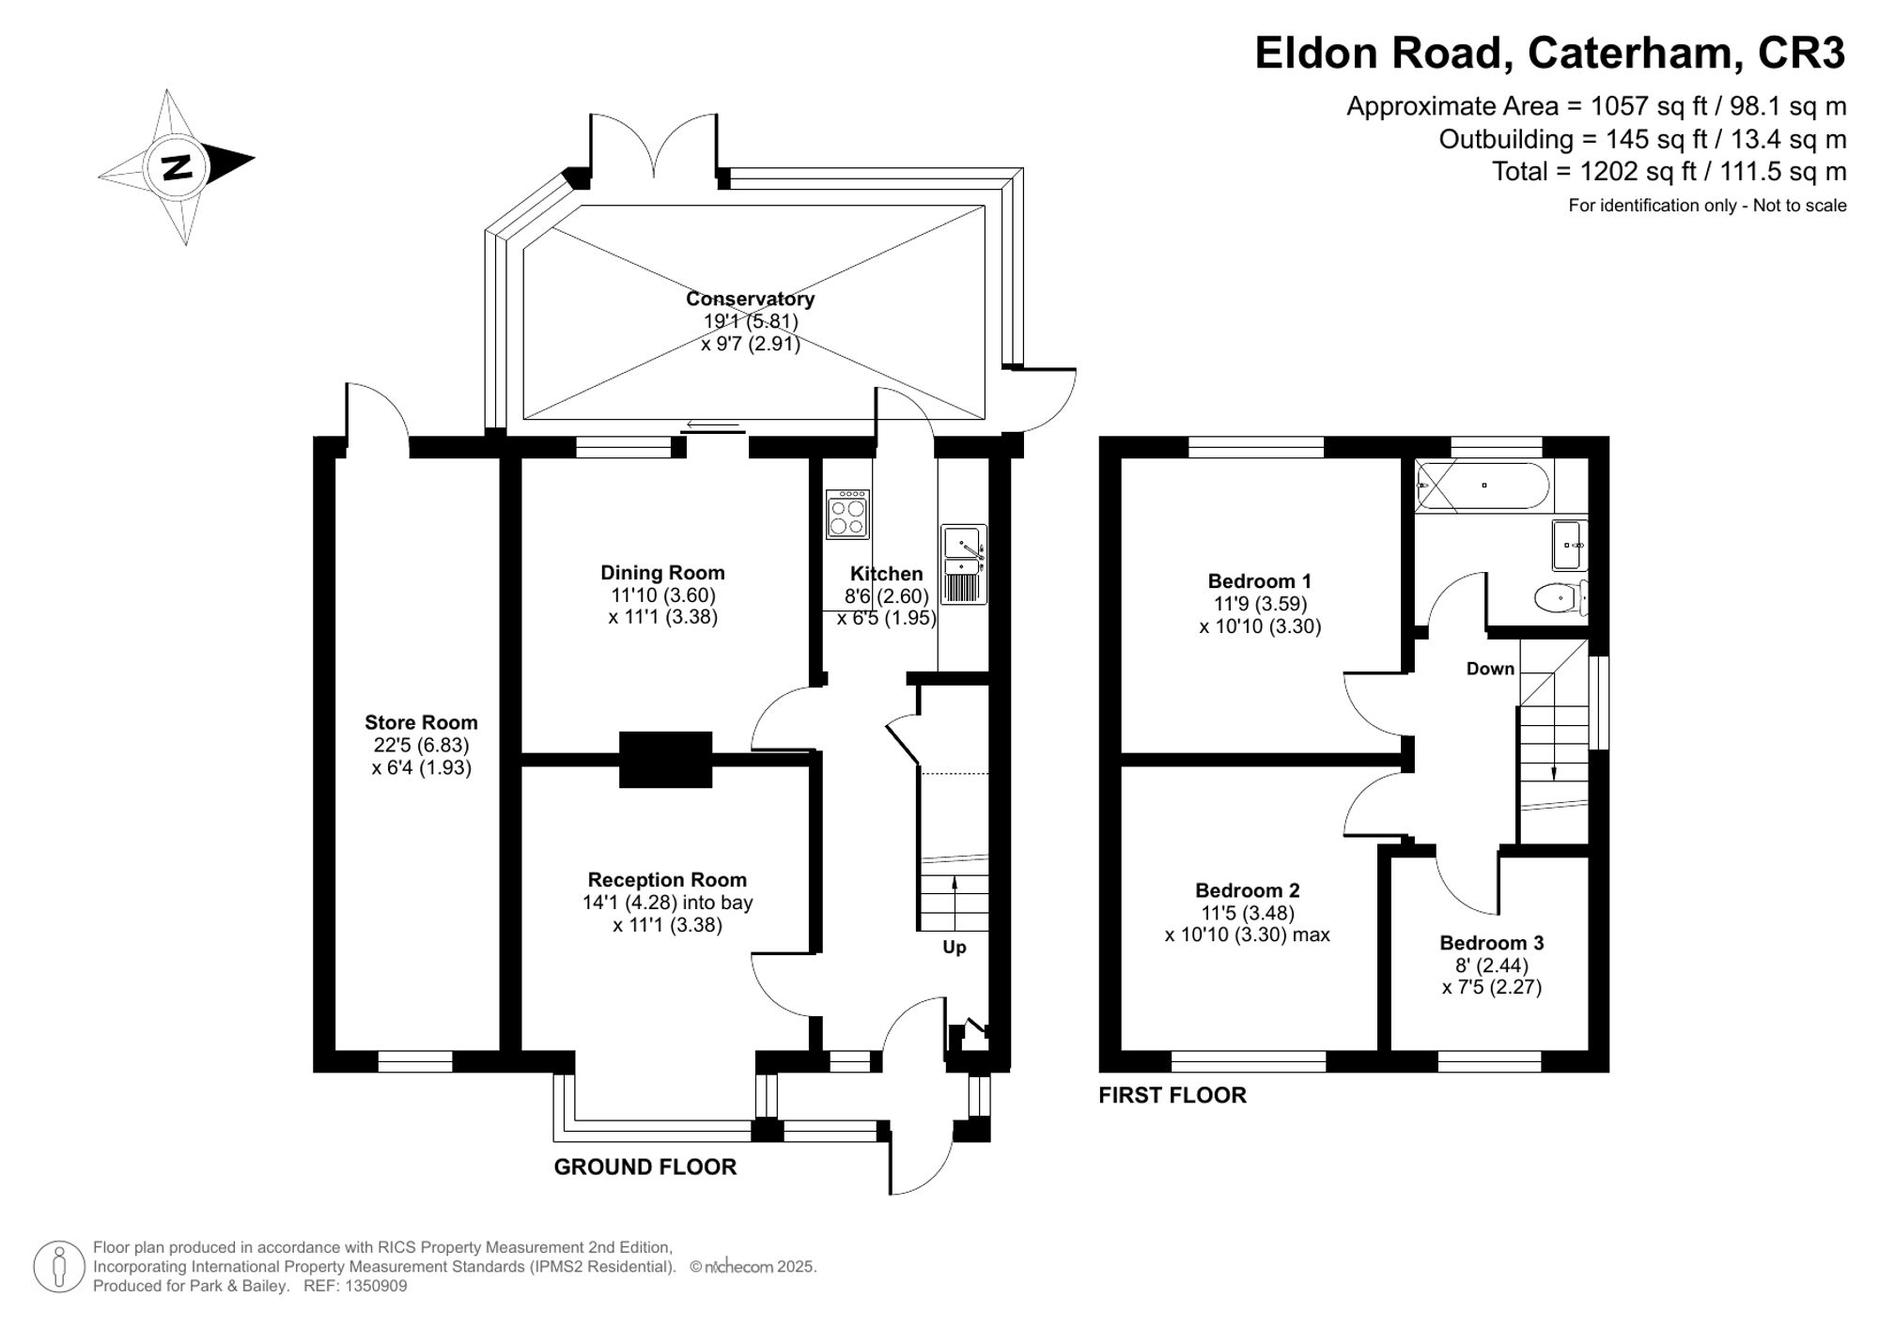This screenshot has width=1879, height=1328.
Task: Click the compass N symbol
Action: (x=177, y=167)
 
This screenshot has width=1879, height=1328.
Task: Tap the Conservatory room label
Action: (x=750, y=299)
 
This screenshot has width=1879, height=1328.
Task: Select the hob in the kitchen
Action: (x=847, y=515)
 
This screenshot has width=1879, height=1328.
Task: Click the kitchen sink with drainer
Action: (x=963, y=564)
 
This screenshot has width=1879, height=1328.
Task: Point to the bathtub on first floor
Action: (x=1483, y=486)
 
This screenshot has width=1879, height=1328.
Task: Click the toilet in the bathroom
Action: (x=1560, y=597)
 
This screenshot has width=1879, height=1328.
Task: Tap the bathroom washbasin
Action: (x=1570, y=545)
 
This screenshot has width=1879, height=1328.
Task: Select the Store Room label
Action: (x=421, y=722)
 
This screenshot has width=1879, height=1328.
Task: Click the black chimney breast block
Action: (x=665, y=759)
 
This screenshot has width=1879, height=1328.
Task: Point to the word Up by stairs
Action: (x=954, y=947)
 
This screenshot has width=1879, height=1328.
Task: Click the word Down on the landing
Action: (x=1490, y=669)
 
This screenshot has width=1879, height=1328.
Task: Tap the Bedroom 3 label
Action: (x=1491, y=942)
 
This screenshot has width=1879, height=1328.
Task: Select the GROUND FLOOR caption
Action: (x=644, y=1166)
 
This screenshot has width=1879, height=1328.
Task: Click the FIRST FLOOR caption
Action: (x=1172, y=1095)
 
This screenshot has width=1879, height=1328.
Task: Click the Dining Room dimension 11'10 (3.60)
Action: (x=662, y=595)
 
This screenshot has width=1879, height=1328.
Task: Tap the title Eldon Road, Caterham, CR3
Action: (x=1549, y=53)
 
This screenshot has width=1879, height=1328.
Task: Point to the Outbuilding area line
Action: (x=1642, y=139)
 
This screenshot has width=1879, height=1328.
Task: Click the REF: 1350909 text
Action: (x=355, y=1286)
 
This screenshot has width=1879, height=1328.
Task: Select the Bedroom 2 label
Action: (x=1247, y=889)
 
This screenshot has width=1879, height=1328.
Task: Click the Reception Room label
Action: (x=667, y=880)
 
